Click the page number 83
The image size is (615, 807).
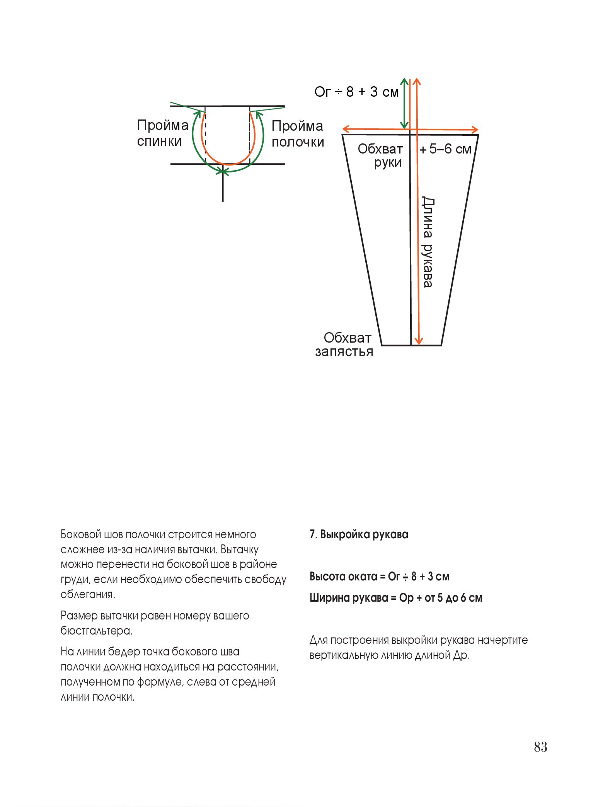(x=540, y=747)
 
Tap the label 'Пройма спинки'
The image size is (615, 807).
(x=162, y=133)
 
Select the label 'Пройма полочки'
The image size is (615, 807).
(x=297, y=134)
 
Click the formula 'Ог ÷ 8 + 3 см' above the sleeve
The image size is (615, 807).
(x=356, y=92)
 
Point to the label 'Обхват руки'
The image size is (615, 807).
(x=380, y=155)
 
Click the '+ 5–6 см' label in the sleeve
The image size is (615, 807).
(x=445, y=149)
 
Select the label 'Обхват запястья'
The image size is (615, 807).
(x=344, y=345)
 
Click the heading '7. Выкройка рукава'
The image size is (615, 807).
(x=358, y=534)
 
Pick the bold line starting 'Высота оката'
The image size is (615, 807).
(x=379, y=577)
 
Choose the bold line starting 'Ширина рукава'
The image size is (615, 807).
(x=395, y=598)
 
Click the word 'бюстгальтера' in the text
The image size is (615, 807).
(x=96, y=631)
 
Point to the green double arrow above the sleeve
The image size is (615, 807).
(x=404, y=103)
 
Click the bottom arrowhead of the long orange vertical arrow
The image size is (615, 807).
(x=418, y=341)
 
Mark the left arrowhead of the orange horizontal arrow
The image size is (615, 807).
(x=346, y=129)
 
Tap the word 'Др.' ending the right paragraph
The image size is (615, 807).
(x=462, y=655)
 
